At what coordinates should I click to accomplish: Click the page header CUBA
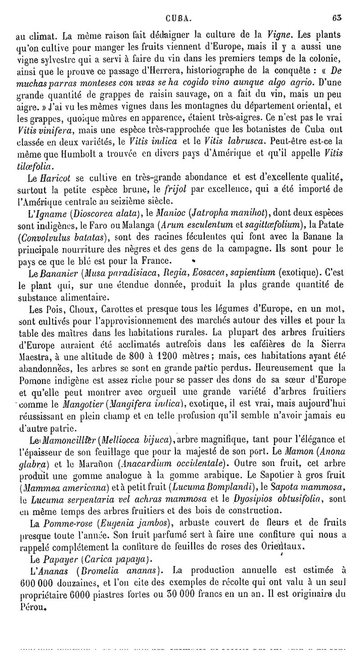(179, 6)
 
